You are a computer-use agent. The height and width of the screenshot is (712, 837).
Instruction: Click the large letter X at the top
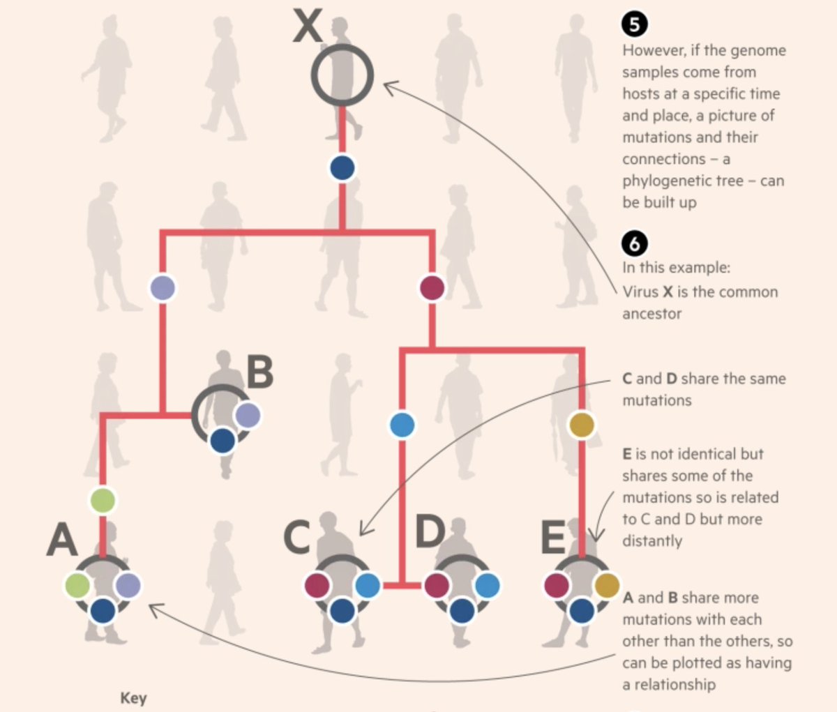coord(308,27)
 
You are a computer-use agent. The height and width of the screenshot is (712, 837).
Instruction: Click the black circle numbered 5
coord(634,24)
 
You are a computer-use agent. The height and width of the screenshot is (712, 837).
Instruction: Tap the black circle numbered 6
coord(634,243)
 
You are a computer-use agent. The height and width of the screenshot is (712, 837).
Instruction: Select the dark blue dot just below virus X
coord(342,168)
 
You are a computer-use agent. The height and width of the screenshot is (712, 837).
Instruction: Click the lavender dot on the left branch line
coord(163,287)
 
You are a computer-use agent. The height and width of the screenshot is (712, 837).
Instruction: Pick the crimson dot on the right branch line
coord(432,287)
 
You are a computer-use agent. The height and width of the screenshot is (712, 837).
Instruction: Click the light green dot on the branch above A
coord(103,500)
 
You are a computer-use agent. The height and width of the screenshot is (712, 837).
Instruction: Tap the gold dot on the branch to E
coord(582,424)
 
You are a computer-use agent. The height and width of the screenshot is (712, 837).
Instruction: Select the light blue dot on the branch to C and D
coord(402,424)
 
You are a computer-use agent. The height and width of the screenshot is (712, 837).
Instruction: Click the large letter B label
coord(259,373)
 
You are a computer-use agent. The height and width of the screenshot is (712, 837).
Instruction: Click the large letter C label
coord(297,537)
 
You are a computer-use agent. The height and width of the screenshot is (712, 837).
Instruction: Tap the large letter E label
coord(553,537)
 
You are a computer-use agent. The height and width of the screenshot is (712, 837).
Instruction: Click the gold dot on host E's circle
coord(607,585)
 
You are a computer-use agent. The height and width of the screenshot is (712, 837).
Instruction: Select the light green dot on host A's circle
coord(77,585)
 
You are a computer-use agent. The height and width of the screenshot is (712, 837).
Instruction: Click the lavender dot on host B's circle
coord(248,416)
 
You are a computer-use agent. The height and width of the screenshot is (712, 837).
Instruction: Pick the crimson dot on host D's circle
coord(437,585)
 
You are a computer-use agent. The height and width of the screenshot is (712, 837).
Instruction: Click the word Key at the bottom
coord(133,698)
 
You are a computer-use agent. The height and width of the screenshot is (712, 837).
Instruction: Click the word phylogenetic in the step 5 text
coord(672,181)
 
